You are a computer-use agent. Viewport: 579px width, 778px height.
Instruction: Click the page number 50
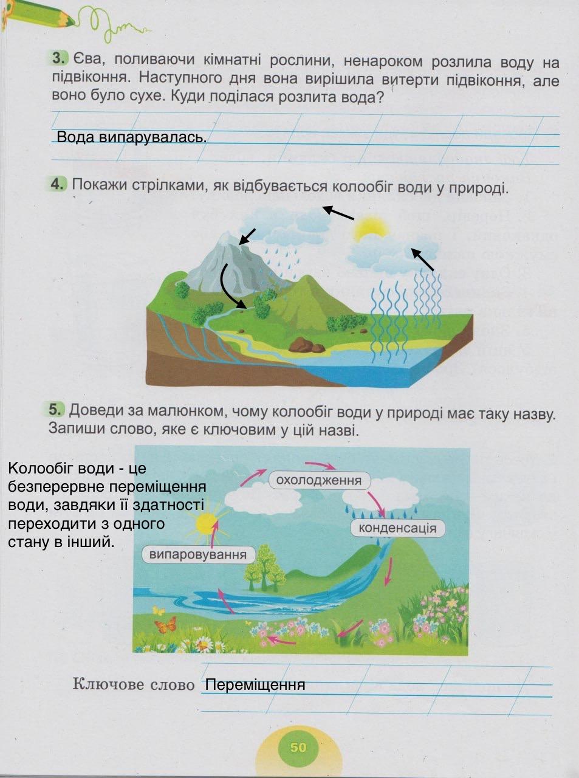coord(298,747)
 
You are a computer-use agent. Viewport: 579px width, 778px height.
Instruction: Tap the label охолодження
coord(319,481)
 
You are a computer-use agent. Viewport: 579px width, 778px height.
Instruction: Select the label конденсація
coord(397,528)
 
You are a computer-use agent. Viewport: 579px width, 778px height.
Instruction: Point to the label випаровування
coord(198,554)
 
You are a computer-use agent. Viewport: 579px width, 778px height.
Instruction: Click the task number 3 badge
coord(58,59)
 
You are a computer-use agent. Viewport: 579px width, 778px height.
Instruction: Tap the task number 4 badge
coord(58,184)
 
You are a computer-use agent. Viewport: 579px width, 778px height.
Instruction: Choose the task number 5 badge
coord(57,410)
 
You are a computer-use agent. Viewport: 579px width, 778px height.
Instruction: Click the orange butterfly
coord(165,624)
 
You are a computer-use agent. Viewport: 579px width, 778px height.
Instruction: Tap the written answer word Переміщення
coord(255,685)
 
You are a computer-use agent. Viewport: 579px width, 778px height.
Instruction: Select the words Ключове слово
coord(134,684)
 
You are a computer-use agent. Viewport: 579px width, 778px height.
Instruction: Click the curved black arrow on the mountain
coord(229,286)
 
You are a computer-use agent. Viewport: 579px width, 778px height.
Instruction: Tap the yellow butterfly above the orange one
coord(159,610)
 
